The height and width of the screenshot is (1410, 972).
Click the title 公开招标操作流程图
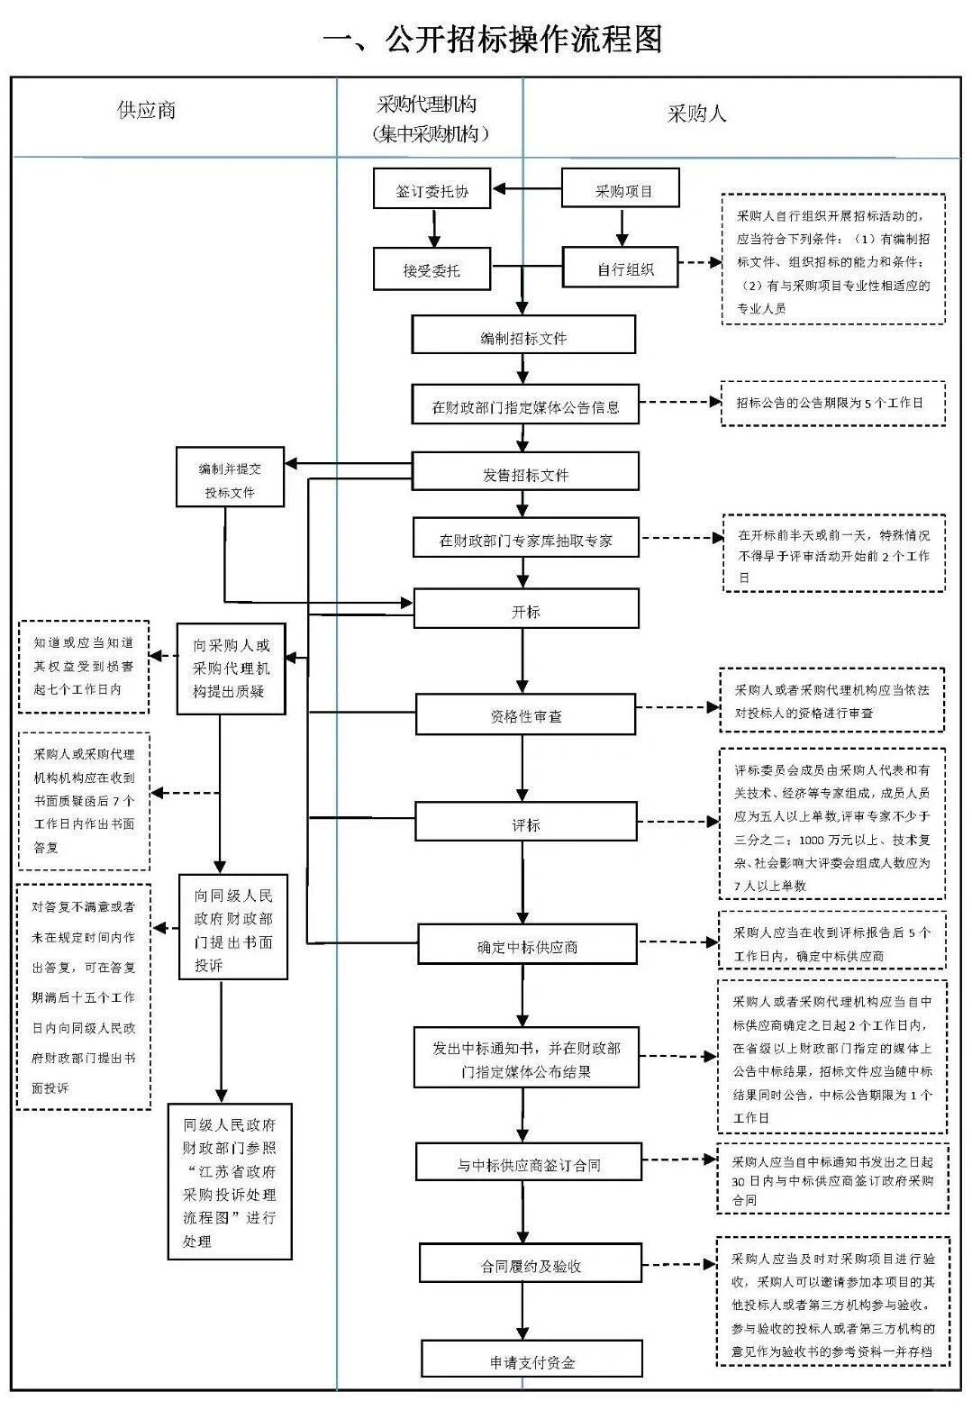[x=492, y=40]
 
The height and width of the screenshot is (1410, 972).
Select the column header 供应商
[x=146, y=111]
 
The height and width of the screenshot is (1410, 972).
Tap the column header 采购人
[x=696, y=114]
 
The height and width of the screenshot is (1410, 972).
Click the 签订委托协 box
[x=432, y=189]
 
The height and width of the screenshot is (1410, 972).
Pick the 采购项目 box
[x=621, y=189]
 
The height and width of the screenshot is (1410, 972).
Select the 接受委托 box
[x=432, y=269]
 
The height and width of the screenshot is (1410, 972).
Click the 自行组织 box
[x=621, y=268]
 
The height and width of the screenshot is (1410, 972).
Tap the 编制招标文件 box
[x=523, y=336]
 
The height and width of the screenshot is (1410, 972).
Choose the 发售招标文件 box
[x=526, y=472]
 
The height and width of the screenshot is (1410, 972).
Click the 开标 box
[x=526, y=610]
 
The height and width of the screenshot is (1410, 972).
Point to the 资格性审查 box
[x=526, y=715]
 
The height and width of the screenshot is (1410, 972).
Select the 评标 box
[x=526, y=823]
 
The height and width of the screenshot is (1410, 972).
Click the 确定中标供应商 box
[x=528, y=946]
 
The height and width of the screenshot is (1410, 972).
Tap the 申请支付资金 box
[x=531, y=1360]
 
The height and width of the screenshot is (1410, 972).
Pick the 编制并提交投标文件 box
[x=230, y=478]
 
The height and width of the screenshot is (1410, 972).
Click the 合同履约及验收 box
[x=531, y=1264]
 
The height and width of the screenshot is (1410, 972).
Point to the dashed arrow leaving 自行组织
[x=700, y=263]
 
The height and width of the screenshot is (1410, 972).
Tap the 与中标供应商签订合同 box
[x=529, y=1163]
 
